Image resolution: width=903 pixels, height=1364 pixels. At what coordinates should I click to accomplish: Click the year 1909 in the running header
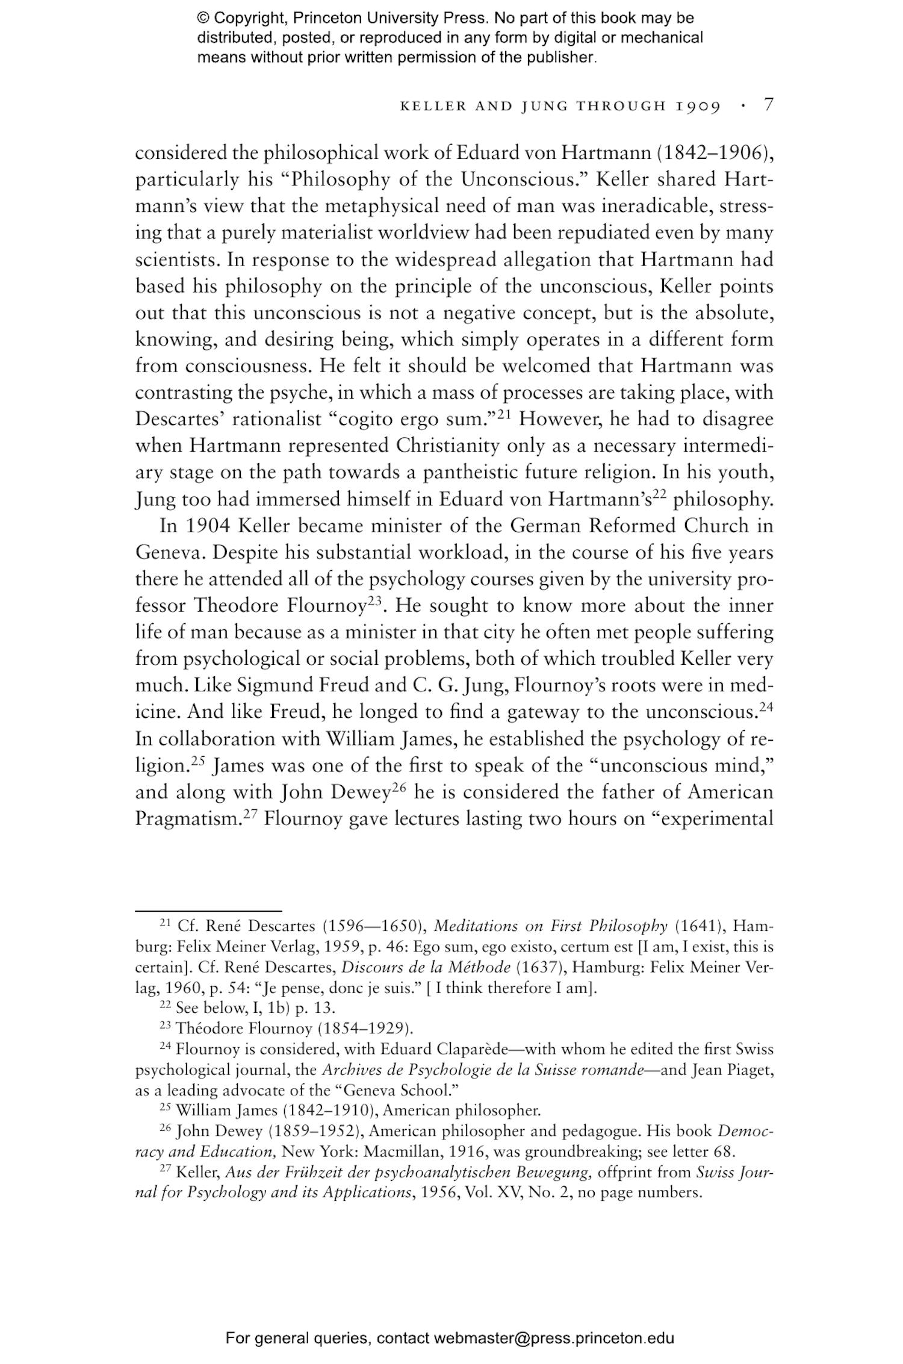698,107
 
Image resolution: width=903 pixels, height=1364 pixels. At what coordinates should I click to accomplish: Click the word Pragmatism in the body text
188,819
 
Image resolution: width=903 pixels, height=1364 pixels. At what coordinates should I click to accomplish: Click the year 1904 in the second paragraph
206,526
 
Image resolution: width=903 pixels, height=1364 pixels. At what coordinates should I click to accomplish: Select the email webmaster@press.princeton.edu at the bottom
553,1339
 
